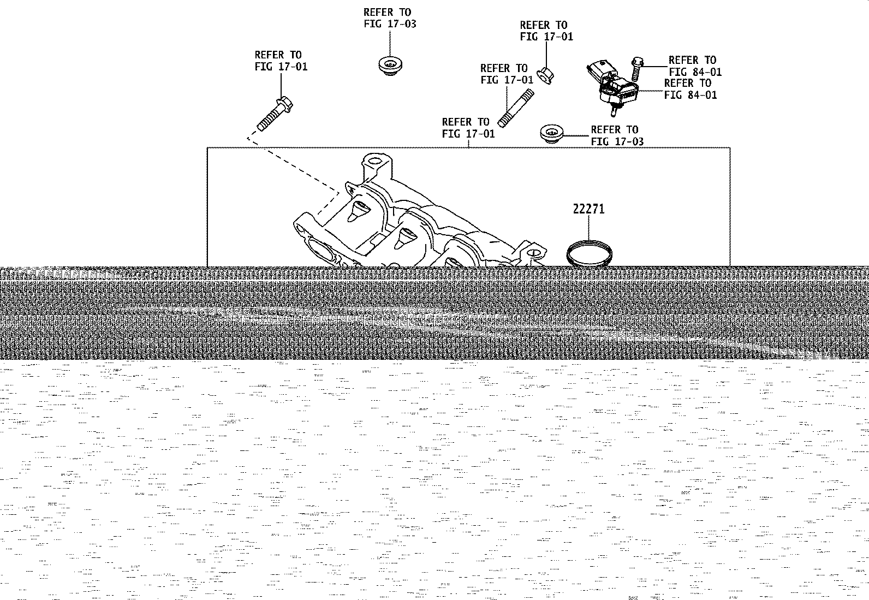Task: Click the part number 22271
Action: [588, 209]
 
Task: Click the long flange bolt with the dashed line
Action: [275, 114]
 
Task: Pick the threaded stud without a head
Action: [516, 108]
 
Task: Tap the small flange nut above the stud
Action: [545, 76]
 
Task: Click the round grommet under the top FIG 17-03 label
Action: [390, 66]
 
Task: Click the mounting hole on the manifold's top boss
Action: [374, 161]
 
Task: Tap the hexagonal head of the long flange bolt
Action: [285, 102]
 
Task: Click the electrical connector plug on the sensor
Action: [600, 70]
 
